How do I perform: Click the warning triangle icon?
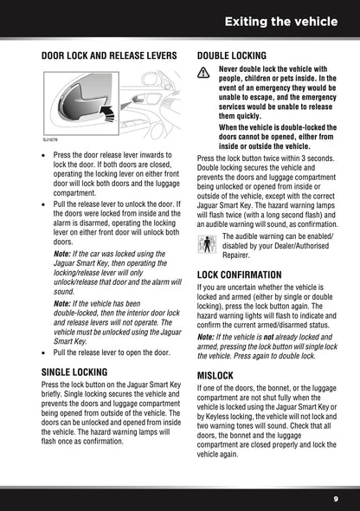pos(205,76)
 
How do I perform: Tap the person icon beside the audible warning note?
pos(205,243)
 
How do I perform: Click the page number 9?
pos(335,499)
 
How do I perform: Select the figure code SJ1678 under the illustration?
pos(51,139)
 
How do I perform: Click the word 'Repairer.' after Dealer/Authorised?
pos(239,255)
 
